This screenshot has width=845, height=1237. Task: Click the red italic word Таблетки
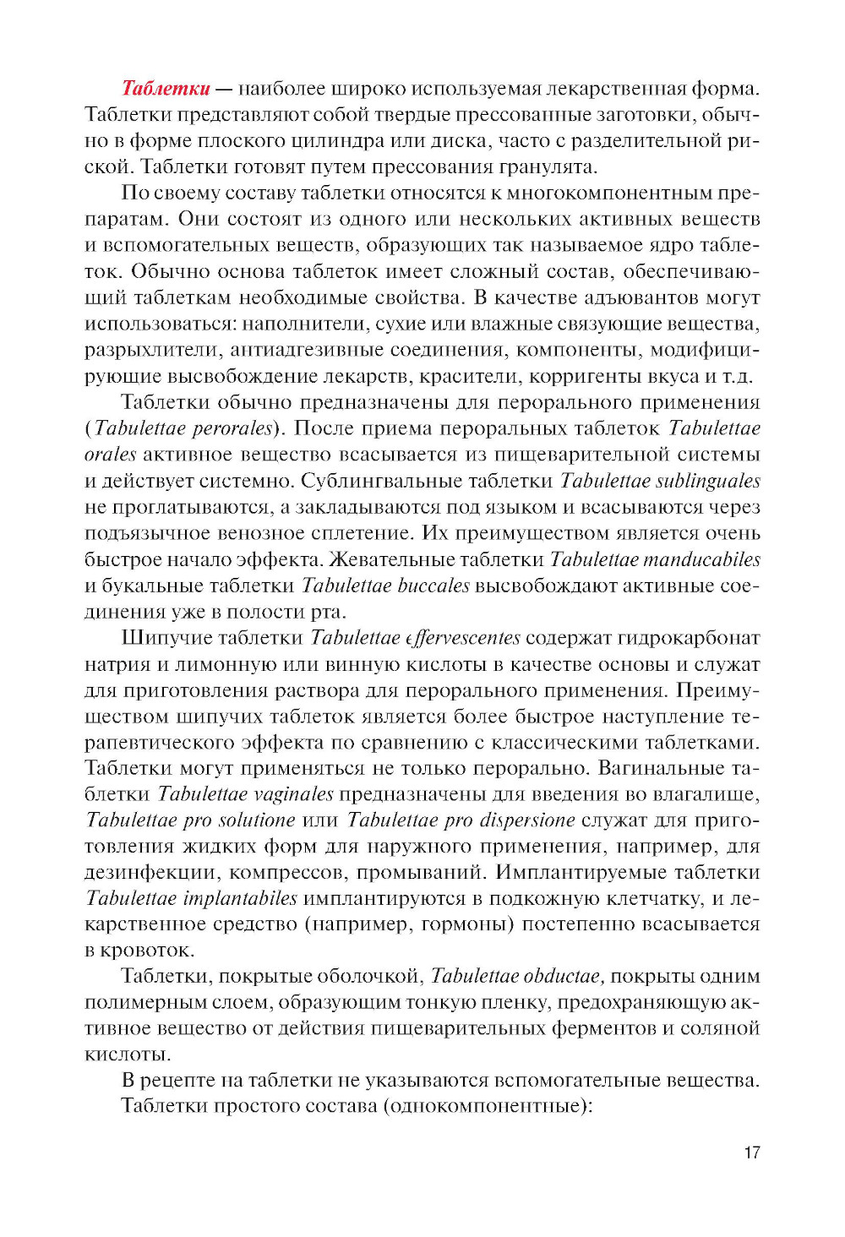click(166, 89)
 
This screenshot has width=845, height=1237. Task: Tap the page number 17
click(751, 1153)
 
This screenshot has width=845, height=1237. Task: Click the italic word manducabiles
click(701, 559)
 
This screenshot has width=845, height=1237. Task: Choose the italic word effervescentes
click(463, 638)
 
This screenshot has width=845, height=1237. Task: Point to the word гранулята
click(548, 167)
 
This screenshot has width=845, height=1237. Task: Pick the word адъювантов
click(625, 297)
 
